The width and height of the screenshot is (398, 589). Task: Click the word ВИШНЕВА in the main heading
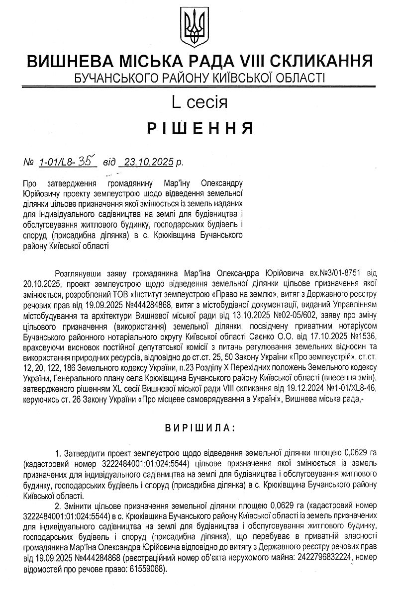pos(68,62)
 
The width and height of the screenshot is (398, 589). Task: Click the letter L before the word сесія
pos(176,103)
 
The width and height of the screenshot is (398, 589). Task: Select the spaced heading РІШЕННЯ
pos(199,129)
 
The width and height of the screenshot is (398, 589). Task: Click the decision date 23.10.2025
pos(148,162)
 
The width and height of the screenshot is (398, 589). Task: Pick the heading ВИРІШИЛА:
pos(199,427)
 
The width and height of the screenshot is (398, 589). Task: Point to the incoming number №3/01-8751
pos(343,273)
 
